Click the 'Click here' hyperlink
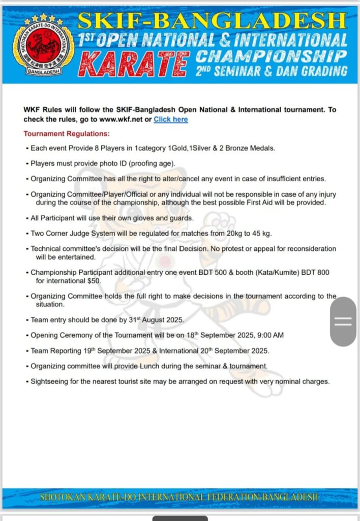pyautogui.click(x=170, y=120)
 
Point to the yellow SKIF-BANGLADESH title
pyautogui.click(x=212, y=21)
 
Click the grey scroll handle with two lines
pyautogui.click(x=343, y=321)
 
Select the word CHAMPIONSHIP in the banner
pyautogui.click(x=271, y=55)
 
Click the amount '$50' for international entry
pyautogui.click(x=93, y=280)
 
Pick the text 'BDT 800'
pyautogui.click(x=316, y=273)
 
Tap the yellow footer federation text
pyautogui.click(x=179, y=497)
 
